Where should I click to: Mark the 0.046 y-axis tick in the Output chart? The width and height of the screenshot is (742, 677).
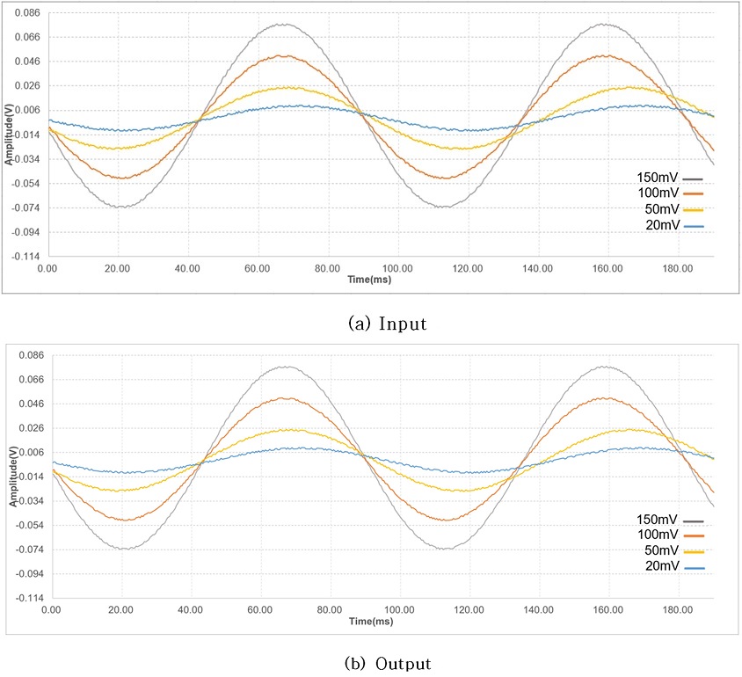30,404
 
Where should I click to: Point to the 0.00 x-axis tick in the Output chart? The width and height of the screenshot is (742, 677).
51,608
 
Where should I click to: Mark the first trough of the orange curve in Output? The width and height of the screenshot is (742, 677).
128,520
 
